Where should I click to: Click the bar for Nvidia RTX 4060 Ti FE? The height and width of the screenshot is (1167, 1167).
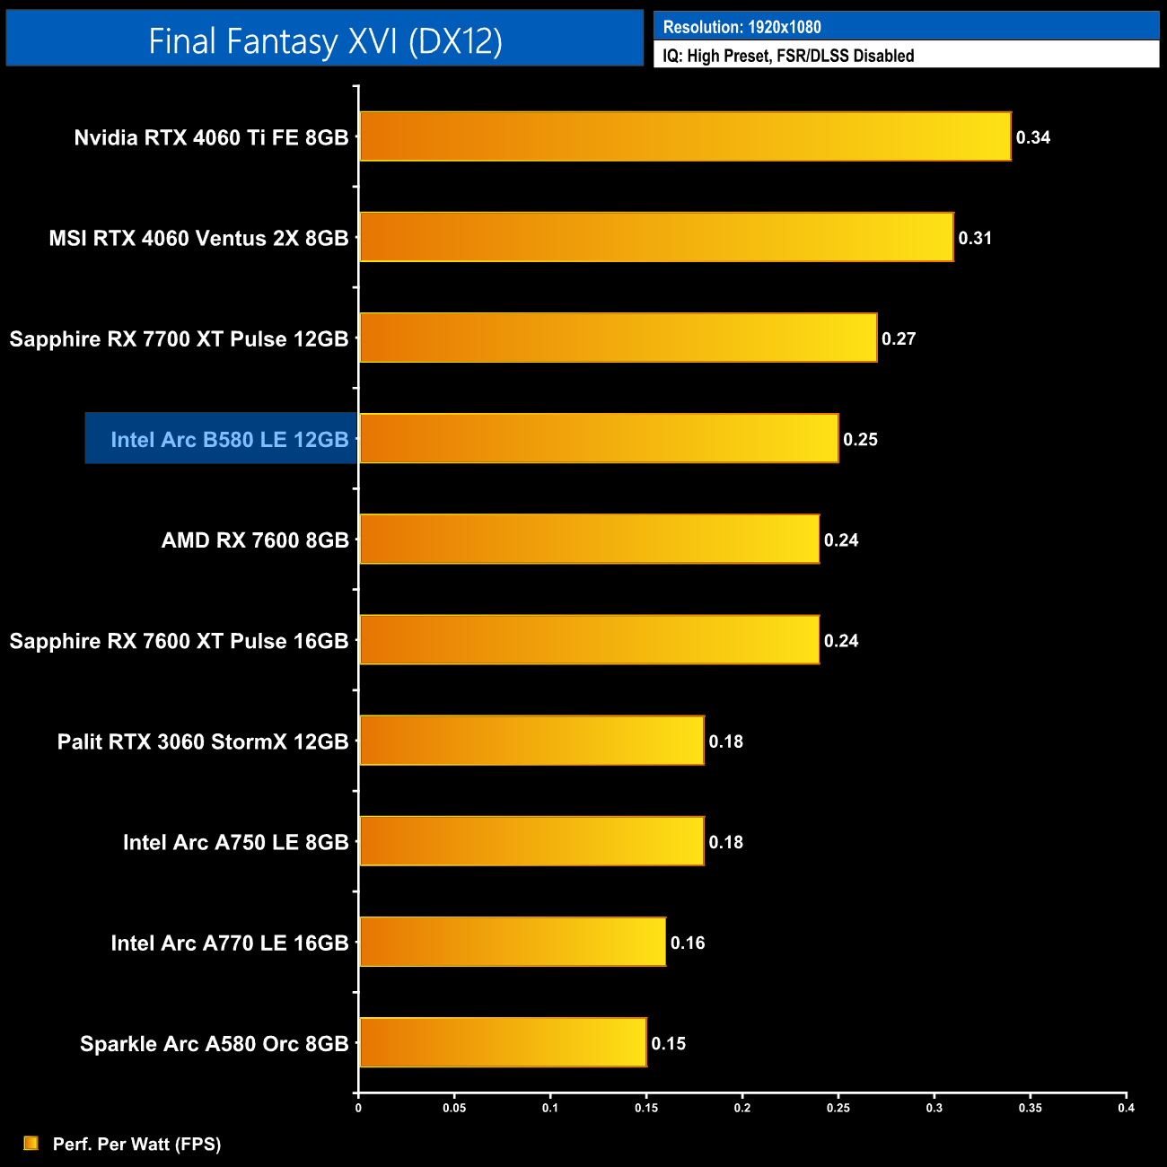[x=685, y=136]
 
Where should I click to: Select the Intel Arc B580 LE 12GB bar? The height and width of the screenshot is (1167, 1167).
[x=599, y=438]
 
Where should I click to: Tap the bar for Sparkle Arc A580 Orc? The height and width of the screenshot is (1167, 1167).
[x=503, y=1042]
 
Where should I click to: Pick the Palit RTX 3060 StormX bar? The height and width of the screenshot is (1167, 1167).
[x=531, y=741]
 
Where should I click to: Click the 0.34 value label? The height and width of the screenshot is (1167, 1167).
[x=1033, y=137]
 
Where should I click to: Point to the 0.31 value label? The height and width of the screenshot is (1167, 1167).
[x=975, y=238]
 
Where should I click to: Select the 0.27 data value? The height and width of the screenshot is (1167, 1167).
[x=899, y=338]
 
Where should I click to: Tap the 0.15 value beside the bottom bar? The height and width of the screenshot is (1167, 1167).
[x=669, y=1043]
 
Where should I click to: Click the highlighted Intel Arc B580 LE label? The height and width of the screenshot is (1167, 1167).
[x=229, y=439]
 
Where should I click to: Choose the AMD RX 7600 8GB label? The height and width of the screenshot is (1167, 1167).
[x=255, y=540]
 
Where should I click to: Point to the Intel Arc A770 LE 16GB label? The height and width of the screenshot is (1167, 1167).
[x=229, y=943]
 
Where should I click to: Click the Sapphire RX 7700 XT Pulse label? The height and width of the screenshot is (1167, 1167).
[x=179, y=338]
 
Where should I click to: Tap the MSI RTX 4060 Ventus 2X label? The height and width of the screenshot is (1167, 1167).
[x=198, y=238]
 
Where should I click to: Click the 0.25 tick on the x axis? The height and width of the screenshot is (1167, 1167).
[x=838, y=1108]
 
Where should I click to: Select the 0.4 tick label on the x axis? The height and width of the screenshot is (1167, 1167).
[x=1126, y=1108]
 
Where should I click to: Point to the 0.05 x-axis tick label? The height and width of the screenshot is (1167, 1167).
[x=454, y=1108]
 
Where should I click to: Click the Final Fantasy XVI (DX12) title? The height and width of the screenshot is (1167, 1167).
[x=325, y=40]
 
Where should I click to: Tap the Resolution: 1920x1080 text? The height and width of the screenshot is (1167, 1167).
[x=742, y=27]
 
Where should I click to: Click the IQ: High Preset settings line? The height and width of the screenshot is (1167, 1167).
[x=788, y=56]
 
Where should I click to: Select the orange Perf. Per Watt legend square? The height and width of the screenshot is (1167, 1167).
[x=31, y=1143]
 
